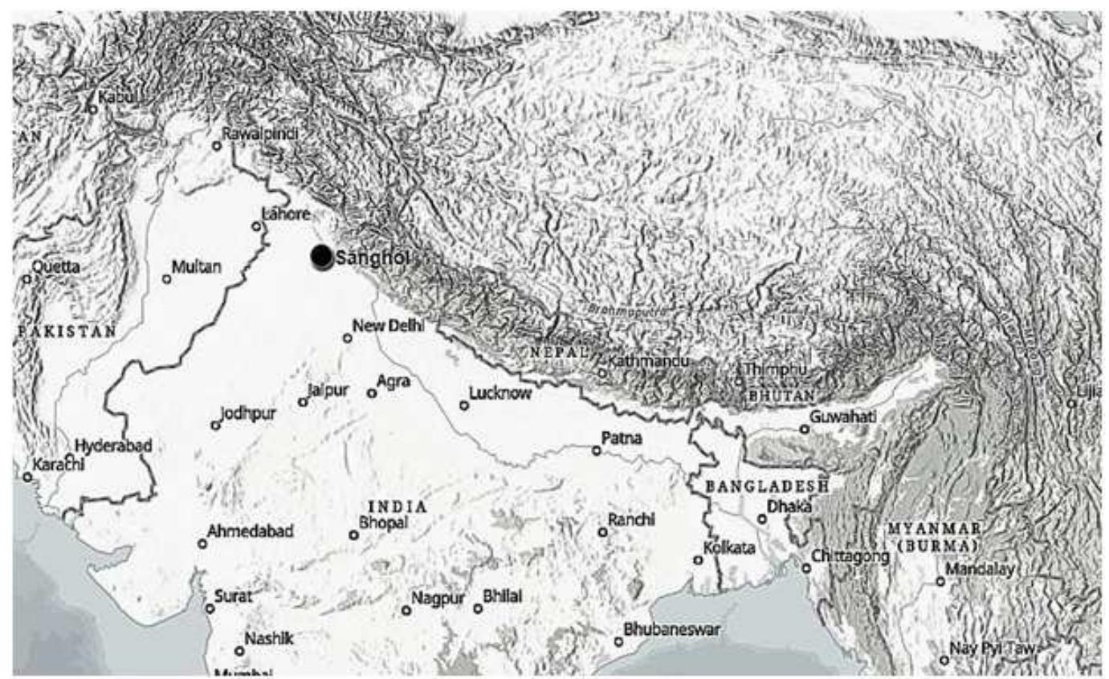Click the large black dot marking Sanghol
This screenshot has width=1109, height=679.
(x=321, y=256)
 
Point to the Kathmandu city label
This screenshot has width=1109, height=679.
(x=648, y=362)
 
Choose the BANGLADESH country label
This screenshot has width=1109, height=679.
(x=766, y=486)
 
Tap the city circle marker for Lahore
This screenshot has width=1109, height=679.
(x=257, y=226)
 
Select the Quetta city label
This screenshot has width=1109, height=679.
(x=55, y=266)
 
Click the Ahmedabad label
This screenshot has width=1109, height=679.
(x=250, y=531)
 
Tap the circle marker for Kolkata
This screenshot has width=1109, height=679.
(x=698, y=560)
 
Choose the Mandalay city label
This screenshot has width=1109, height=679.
(x=980, y=569)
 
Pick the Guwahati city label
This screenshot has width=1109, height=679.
(x=842, y=417)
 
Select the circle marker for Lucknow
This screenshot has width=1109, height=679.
(x=464, y=405)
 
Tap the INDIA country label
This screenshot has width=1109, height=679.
(x=398, y=507)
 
